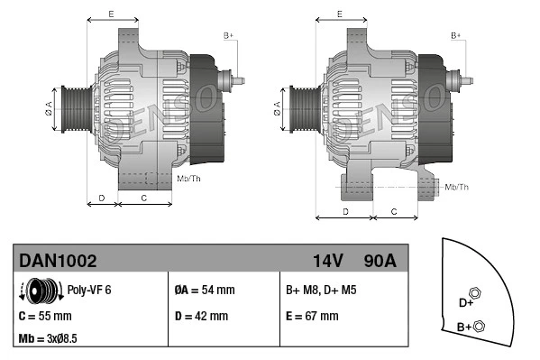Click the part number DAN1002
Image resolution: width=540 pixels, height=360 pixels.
coord(58,261)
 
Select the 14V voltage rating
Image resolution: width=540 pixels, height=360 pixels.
coord(327,261)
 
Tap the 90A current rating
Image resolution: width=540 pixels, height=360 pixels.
coord(380,261)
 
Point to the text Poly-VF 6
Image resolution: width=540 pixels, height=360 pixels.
coord(90,291)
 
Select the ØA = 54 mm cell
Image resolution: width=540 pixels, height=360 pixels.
coord(204,291)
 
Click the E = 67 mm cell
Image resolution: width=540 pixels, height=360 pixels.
coord(312,317)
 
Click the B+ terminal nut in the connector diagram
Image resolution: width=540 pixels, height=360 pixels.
coord(479,326)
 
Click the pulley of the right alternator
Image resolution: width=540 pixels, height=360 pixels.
coord(303,111)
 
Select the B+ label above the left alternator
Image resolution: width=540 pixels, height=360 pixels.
coord(228,35)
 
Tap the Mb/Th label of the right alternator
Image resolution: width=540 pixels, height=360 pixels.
coord(456,187)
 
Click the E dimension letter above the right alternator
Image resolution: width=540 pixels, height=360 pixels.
coord(339,14)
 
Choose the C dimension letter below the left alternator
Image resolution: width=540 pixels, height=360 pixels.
coord(144,196)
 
